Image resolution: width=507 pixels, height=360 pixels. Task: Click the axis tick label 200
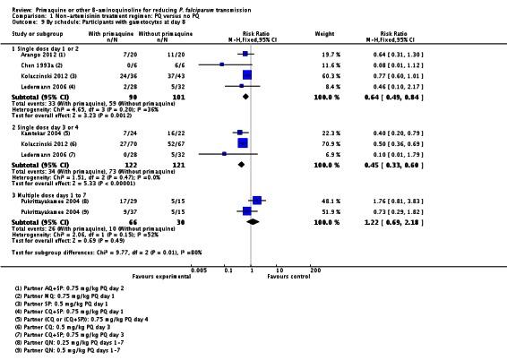point(315,270)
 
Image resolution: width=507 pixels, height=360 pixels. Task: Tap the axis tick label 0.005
point(198,270)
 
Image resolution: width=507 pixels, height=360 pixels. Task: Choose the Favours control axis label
point(295,277)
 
